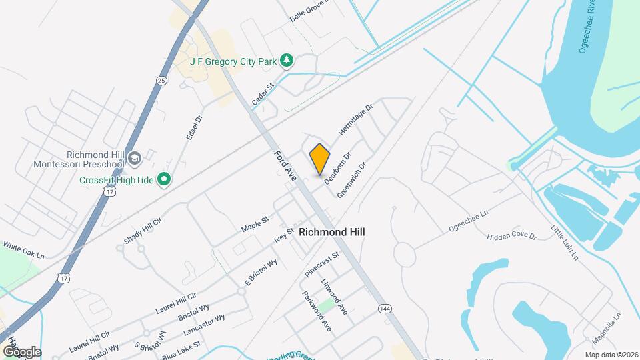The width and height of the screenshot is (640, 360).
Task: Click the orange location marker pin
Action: pyautogui.click(x=320, y=159)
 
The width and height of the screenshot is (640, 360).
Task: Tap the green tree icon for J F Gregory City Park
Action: pyautogui.click(x=287, y=61)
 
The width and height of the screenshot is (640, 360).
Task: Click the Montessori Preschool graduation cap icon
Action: pyautogui.click(x=135, y=158)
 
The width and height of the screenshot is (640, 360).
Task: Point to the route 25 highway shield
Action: pyautogui.click(x=161, y=81)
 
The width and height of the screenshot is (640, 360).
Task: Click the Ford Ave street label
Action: pyautogui.click(x=285, y=165)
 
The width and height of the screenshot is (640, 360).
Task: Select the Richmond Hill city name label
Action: pyautogui.click(x=332, y=232)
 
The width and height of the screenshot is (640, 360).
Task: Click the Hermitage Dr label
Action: pyautogui.click(x=355, y=120)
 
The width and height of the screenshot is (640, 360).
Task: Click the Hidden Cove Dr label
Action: pyautogui.click(x=511, y=236)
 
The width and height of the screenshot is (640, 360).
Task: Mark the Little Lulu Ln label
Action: pyautogui.click(x=564, y=241)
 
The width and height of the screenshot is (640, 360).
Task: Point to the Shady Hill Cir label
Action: pyautogui.click(x=143, y=230)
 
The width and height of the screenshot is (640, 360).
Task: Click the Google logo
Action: pyautogui.click(x=22, y=352)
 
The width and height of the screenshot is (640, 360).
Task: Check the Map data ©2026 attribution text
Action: pyautogui.click(x=611, y=355)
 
